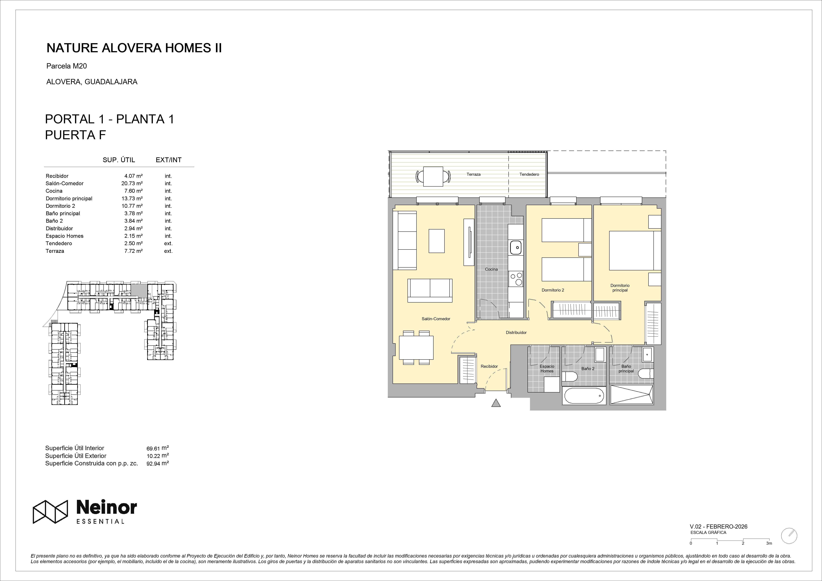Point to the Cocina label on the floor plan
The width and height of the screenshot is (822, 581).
pyautogui.click(x=491, y=269)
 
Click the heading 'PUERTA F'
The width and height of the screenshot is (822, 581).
pyautogui.click(x=76, y=135)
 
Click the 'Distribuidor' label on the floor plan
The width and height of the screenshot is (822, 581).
pyautogui.click(x=516, y=332)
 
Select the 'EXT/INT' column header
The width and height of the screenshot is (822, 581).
pyautogui.click(x=169, y=160)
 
